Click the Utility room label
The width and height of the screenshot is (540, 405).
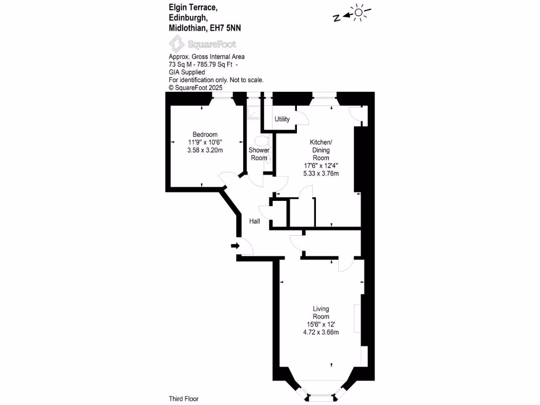pos(282,119)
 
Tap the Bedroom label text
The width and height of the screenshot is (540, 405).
pos(205,134)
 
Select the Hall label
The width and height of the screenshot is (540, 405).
pos(255,221)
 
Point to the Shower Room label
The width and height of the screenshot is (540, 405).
pos(259,154)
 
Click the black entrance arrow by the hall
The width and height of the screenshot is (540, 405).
pos(235,246)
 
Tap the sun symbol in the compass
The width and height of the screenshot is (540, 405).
pos(359,13)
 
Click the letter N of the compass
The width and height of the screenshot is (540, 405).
pos(336,17)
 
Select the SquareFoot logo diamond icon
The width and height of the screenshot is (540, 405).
pos(177,44)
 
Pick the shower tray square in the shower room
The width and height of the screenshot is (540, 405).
pos(254,112)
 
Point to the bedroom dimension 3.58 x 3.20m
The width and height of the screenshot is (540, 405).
pos(205,150)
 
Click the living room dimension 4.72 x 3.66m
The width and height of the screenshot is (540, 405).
pos(321,332)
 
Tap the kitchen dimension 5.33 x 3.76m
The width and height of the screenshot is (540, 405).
pos(321,173)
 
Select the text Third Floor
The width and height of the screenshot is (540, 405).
pos(184,399)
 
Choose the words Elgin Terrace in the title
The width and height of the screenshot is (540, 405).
pos(193,7)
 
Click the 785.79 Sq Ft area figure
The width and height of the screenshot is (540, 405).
pos(215,64)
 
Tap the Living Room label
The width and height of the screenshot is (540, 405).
pos(321,313)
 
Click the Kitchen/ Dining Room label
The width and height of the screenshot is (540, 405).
pos(321,150)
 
